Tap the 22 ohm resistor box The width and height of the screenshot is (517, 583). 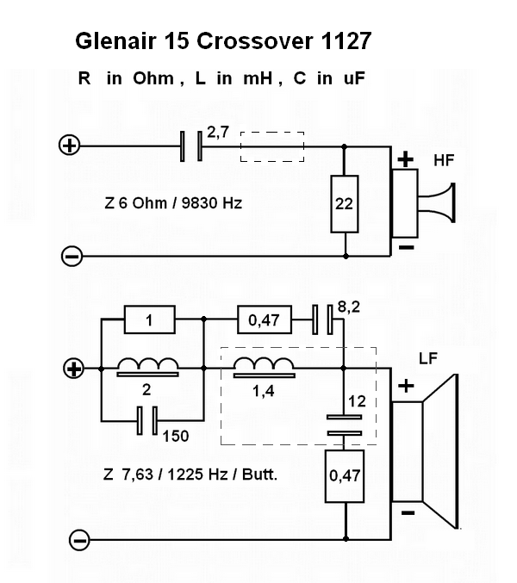(x=345, y=204)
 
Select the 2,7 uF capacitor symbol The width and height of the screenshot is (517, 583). (x=190, y=146)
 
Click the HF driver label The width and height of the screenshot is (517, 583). (x=445, y=161)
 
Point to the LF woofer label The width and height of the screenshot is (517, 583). (x=428, y=357)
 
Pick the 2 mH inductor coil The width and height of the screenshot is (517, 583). (x=147, y=368)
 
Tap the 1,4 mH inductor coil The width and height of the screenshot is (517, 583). (x=264, y=368)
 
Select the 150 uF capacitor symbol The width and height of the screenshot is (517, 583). (x=147, y=421)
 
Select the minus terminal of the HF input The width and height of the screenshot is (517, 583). (x=72, y=256)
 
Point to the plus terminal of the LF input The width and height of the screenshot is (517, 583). (x=75, y=369)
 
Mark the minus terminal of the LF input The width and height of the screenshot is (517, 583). (x=80, y=541)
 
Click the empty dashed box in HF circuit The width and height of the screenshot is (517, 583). (x=271, y=146)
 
